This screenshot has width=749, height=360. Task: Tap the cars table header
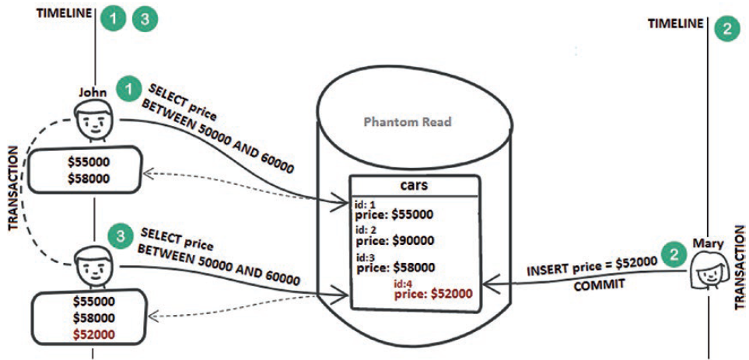[412, 187]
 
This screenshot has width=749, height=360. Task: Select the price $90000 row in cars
[394, 241]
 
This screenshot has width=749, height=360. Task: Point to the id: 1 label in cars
[366, 204]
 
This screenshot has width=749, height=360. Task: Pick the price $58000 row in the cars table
[394, 267]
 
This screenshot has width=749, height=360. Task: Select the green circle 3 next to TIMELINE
[144, 19]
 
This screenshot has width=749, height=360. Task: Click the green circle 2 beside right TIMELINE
[726, 30]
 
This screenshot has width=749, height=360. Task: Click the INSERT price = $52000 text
[592, 270]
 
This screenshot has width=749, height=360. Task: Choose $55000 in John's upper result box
[88, 162]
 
